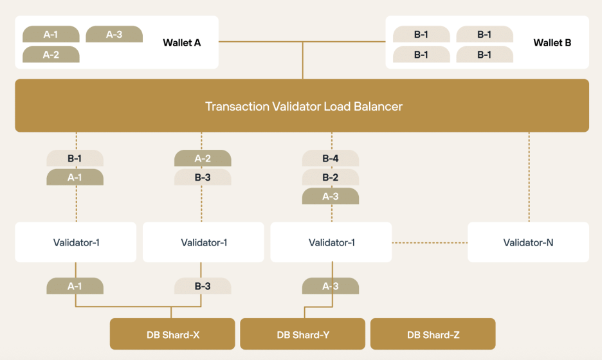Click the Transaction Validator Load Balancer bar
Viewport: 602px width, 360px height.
[x=302, y=105]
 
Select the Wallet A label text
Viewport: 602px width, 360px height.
[x=181, y=42]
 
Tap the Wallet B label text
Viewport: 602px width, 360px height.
[x=552, y=42]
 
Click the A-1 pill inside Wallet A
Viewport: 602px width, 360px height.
[x=51, y=34]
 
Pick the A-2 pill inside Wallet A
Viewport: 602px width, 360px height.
[x=51, y=55]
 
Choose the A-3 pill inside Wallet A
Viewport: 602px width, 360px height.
[x=114, y=34]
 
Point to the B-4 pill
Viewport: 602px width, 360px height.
[x=331, y=158]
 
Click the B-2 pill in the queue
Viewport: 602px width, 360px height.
[x=331, y=177]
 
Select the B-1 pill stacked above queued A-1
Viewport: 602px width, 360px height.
[x=75, y=158]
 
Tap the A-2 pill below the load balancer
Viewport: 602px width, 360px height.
[x=203, y=158]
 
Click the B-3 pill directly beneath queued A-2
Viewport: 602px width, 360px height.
[x=203, y=177]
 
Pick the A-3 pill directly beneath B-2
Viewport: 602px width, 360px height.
[x=331, y=196]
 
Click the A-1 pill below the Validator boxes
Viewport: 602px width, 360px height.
[x=75, y=286]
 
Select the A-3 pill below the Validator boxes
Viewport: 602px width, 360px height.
[x=331, y=286]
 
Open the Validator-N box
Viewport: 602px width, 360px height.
[x=528, y=242]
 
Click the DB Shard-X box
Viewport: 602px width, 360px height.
[x=172, y=334]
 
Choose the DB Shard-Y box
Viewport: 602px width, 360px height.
[x=302, y=334]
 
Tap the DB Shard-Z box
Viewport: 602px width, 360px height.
[x=433, y=334]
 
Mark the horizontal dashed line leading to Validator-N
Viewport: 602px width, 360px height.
[x=430, y=242]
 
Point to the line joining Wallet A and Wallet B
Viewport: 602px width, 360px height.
[x=302, y=41]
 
